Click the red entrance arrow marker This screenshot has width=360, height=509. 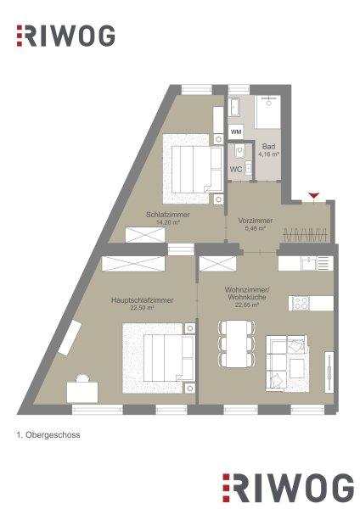click(314, 195)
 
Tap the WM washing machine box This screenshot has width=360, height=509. click(236, 132)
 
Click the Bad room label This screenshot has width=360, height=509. click(268, 147)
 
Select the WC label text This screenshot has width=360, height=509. click(235, 169)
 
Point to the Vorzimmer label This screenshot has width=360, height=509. click(256, 221)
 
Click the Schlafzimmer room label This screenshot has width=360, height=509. click(168, 215)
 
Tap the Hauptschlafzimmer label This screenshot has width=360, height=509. click(143, 300)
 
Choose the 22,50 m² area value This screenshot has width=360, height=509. click(142, 308)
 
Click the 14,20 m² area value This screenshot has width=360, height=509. click(168, 222)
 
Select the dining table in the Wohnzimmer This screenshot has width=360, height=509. click(236, 344)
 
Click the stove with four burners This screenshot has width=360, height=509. click(301, 303)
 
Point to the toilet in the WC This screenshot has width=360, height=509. click(239, 151)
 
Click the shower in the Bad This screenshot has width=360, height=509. click(268, 112)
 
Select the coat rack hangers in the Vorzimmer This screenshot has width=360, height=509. click(306, 234)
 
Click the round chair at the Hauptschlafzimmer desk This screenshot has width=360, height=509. click(82, 378)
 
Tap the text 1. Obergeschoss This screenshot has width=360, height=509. click(48, 435)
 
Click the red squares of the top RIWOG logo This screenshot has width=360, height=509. click(20, 36)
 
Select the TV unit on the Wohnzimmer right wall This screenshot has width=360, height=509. click(329, 372)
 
